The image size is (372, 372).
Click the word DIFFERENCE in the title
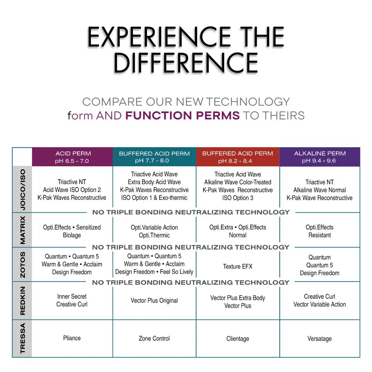pyautogui.click(x=186, y=63)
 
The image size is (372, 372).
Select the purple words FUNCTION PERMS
pyautogui.click(x=182, y=116)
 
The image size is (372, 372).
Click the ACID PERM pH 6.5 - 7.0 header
pyautogui.click(x=73, y=157)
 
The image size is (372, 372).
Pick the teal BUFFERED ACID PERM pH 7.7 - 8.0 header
pyautogui.click(x=154, y=157)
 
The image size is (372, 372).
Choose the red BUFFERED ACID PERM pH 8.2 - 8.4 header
pyautogui.click(x=238, y=157)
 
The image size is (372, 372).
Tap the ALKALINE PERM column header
pyautogui.click(x=320, y=157)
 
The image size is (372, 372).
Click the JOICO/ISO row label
pyautogui.click(x=23, y=190)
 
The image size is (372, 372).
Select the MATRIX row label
pyautogui.click(x=23, y=230)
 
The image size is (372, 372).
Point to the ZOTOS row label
pyautogui.click(x=23, y=264)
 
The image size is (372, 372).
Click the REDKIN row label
pyautogui.click(x=23, y=301)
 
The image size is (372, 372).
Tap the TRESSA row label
pyautogui.click(x=23, y=338)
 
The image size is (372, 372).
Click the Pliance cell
pyautogui.click(x=72, y=338)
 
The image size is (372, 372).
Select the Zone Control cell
pyautogui.click(x=154, y=338)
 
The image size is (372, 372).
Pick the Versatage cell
pyautogui.click(x=320, y=339)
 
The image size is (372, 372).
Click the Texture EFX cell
pyautogui.click(x=238, y=266)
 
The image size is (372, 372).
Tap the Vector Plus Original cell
pyautogui.click(x=154, y=301)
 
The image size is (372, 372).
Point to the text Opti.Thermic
pyautogui.click(x=154, y=235)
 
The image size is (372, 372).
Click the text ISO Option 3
pyautogui.click(x=238, y=198)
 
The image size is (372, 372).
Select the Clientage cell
pyautogui.click(x=238, y=339)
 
